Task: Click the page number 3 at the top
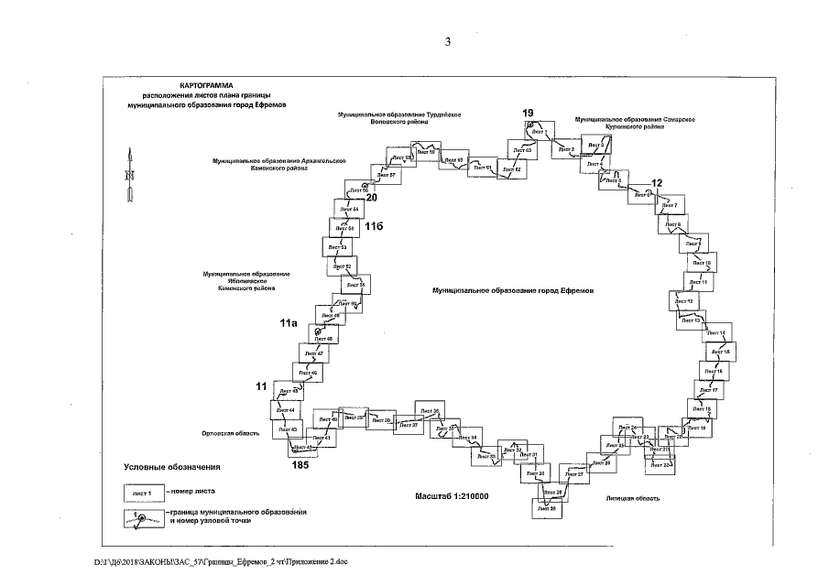coord(448,40)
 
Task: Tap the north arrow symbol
coord(130,174)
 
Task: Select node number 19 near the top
coord(529,113)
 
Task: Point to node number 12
coord(656,183)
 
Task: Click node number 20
coord(371,197)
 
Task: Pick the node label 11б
coord(374,224)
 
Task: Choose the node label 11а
coord(289,323)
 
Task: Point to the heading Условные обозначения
coord(172,466)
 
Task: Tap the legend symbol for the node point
coord(143,519)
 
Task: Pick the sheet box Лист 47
coord(314,353)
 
